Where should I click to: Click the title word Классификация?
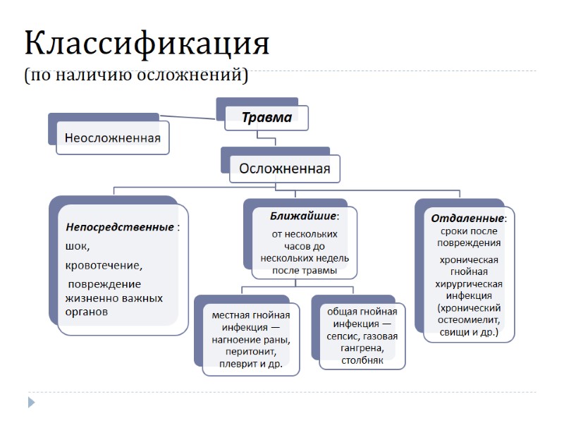point(147,44)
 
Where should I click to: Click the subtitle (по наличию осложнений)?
point(136,74)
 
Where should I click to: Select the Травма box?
point(266,118)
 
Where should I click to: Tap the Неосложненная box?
point(113,138)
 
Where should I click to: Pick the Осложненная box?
point(284,168)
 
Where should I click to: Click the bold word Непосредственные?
point(120,227)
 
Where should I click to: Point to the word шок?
point(78,246)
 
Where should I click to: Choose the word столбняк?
point(362,360)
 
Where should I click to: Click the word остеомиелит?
point(469,319)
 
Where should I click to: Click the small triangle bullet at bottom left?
point(30,403)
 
